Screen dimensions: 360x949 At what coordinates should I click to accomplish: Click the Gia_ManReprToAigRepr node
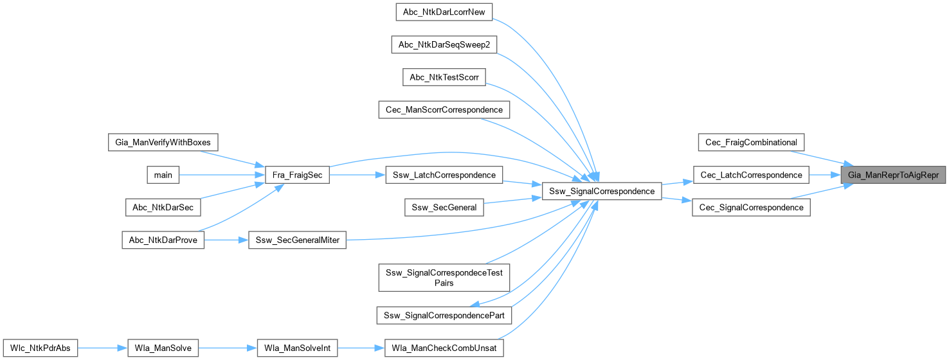[x=893, y=175]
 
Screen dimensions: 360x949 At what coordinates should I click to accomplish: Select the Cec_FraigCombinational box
[x=751, y=141]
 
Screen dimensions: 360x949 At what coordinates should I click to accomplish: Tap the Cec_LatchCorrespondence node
[x=751, y=175]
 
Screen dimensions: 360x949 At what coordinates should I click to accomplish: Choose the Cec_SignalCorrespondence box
[x=751, y=208]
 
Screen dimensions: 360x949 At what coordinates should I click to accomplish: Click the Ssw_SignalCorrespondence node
[x=602, y=191]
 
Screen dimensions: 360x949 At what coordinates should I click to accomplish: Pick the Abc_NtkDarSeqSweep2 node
[x=444, y=44]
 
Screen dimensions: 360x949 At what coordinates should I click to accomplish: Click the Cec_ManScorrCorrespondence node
[x=444, y=110]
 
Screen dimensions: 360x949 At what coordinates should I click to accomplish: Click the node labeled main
[x=163, y=175]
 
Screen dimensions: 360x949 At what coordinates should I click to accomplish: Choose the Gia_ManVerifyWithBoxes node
[x=163, y=141]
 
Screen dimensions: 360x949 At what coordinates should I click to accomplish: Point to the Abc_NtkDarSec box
[x=163, y=208]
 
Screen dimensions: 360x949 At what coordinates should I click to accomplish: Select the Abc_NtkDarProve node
[x=163, y=240]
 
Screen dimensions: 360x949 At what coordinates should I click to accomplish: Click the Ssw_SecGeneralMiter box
[x=297, y=240]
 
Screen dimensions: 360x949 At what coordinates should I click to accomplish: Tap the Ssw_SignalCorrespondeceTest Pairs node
[x=444, y=276]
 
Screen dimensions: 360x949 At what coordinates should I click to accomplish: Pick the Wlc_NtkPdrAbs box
[x=41, y=348]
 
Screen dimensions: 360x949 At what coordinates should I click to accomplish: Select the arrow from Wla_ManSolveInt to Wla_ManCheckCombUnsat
[x=361, y=348]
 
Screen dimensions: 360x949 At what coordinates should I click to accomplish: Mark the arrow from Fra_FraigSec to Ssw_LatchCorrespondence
[x=357, y=175]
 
